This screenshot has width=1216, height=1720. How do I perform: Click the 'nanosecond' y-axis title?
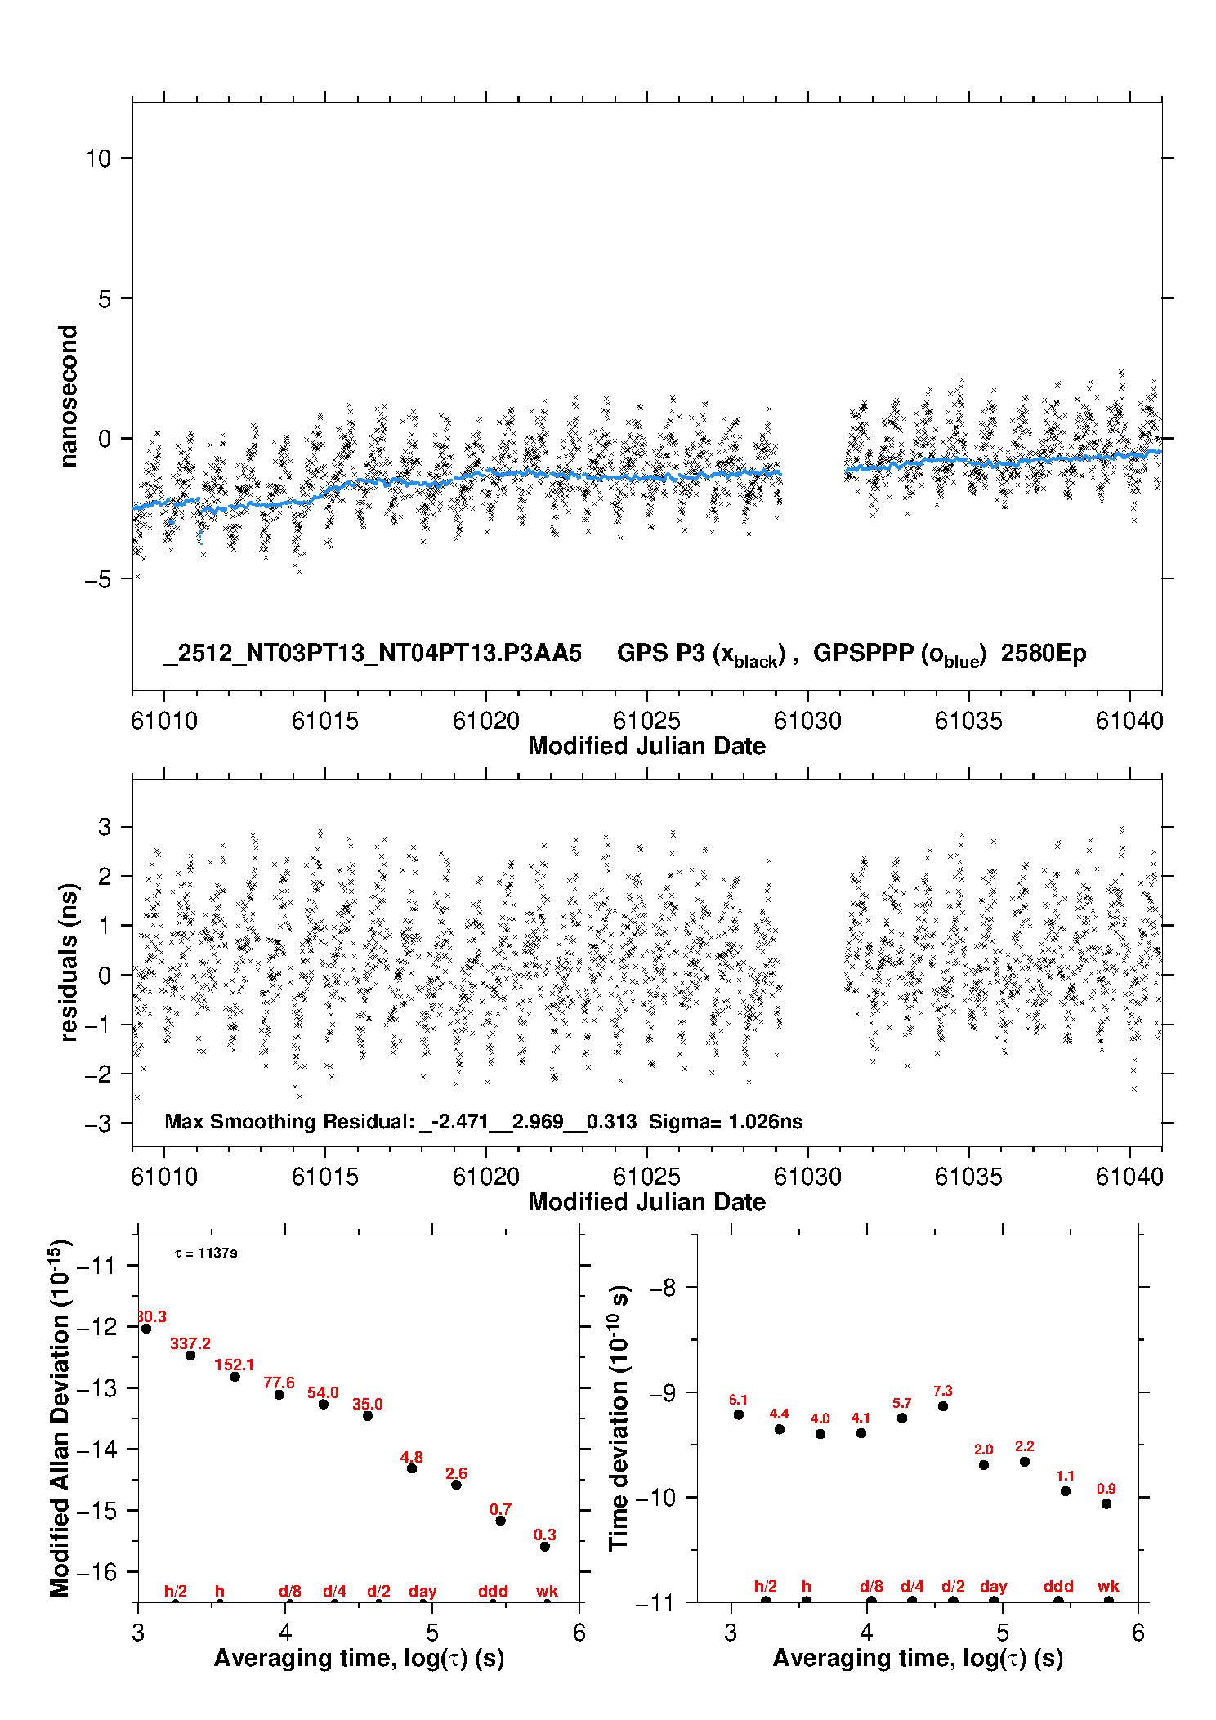69,395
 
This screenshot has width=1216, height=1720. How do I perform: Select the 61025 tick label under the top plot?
646,721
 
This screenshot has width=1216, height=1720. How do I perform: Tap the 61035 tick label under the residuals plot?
968,1177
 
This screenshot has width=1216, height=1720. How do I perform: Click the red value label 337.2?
190,1343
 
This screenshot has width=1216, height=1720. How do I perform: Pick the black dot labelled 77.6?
279,1394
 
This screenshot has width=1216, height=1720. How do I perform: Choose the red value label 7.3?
942,1391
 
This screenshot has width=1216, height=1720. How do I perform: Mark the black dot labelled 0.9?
1106,1503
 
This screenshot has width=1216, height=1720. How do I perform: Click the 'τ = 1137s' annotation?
206,1253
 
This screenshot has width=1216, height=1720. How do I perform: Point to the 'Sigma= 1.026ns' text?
726,1122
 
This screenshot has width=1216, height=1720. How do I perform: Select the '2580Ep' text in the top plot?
1044,654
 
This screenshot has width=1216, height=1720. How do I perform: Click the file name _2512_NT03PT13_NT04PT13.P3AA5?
373,654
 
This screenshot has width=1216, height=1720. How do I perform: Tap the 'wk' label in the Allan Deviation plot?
547,1591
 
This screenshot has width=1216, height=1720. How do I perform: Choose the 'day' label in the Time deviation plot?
994,1586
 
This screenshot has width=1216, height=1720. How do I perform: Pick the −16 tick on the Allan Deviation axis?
96,1571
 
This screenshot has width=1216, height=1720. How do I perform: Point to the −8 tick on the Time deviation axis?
662,1288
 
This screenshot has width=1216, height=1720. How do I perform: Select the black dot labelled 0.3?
545,1547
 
